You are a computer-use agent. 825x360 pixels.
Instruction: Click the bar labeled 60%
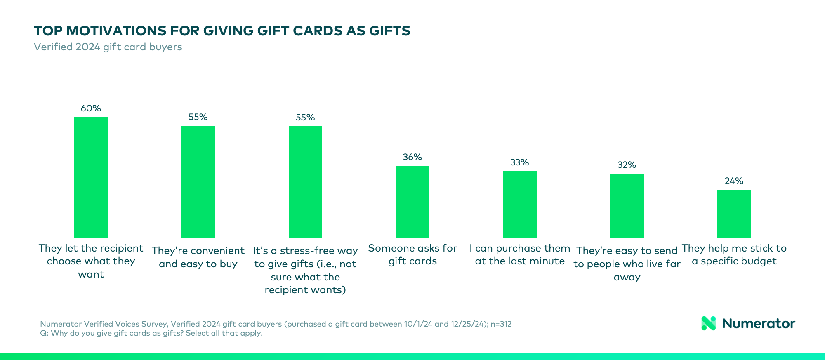91,177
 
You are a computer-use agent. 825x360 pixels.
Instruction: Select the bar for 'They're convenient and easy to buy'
198,181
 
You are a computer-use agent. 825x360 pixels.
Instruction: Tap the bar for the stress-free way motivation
305,181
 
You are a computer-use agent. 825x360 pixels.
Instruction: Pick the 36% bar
412,202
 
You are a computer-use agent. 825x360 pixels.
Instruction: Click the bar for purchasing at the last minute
520,204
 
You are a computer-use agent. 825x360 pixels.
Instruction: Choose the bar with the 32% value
627,205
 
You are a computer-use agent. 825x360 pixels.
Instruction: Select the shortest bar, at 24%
734,214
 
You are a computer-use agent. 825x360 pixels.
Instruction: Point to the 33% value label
519,162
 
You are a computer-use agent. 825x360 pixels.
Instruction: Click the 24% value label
734,181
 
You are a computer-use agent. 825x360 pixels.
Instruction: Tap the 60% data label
91,108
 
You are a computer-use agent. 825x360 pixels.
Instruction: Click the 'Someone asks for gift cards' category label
412,254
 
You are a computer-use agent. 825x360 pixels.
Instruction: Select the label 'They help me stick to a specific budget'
734,254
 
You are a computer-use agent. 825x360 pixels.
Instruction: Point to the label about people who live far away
627,264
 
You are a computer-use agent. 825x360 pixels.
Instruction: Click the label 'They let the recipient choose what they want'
91,261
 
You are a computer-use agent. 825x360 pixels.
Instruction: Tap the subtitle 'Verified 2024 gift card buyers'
108,47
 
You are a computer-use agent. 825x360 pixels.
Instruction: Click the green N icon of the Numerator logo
709,323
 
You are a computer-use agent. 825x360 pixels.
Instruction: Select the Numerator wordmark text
758,323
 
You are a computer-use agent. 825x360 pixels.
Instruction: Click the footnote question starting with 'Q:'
151,333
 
